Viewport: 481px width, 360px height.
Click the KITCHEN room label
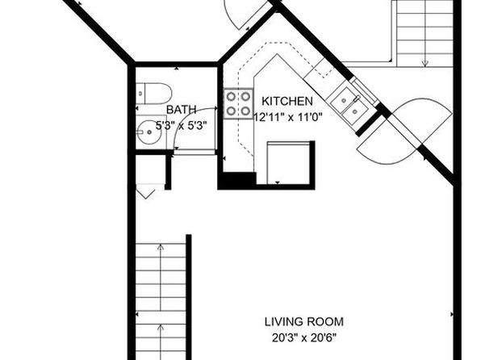pos(287,101)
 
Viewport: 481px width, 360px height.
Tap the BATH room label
pos(181,110)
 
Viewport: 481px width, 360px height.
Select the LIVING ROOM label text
pos(304,322)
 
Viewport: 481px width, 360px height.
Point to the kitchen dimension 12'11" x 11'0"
pos(288,117)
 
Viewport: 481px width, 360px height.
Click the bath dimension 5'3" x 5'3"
pos(182,125)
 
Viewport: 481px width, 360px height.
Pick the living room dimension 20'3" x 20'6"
pos(304,338)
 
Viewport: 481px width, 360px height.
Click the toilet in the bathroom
pos(153,94)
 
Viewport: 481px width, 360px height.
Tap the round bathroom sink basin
pos(149,132)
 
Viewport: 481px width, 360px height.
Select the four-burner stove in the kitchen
pos(238,103)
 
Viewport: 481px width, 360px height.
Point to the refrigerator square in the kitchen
pos(288,163)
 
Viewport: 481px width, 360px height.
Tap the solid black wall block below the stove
pos(236,181)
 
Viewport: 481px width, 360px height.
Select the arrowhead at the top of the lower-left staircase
pos(161,246)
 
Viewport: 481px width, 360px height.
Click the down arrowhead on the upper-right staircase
pos(425,63)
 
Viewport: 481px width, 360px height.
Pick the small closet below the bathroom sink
pos(151,170)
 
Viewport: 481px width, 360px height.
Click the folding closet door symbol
pos(145,195)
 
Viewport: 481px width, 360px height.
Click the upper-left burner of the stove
pos(231,97)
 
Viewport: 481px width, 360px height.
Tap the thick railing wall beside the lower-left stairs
pos(189,297)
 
